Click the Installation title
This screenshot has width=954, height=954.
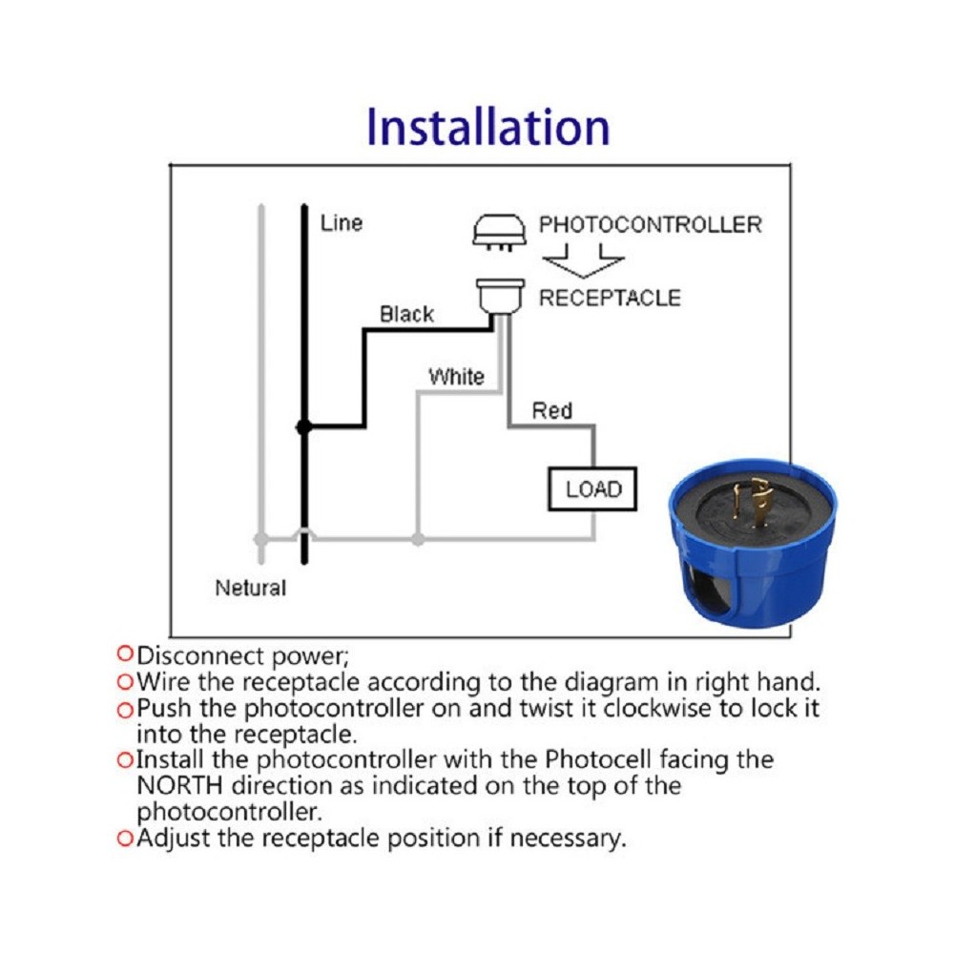pos(487,128)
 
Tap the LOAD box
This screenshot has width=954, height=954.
pos(592,489)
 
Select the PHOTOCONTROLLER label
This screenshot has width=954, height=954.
pos(651,225)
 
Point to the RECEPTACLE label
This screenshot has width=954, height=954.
pos(611,298)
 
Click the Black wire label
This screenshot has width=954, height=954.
pos(406,314)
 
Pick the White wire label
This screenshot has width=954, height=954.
pos(456,376)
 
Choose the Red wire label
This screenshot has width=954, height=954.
pos(551,410)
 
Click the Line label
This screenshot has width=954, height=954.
pos(342,223)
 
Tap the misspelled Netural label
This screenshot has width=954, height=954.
pos(250,588)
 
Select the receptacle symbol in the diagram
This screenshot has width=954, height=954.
pos(502,295)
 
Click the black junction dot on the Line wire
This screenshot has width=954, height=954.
pos(303,428)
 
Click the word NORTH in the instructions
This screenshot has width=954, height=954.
pos(186,786)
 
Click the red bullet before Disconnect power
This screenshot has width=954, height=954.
pos(123,654)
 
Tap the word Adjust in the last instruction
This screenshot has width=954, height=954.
pos(170,839)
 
